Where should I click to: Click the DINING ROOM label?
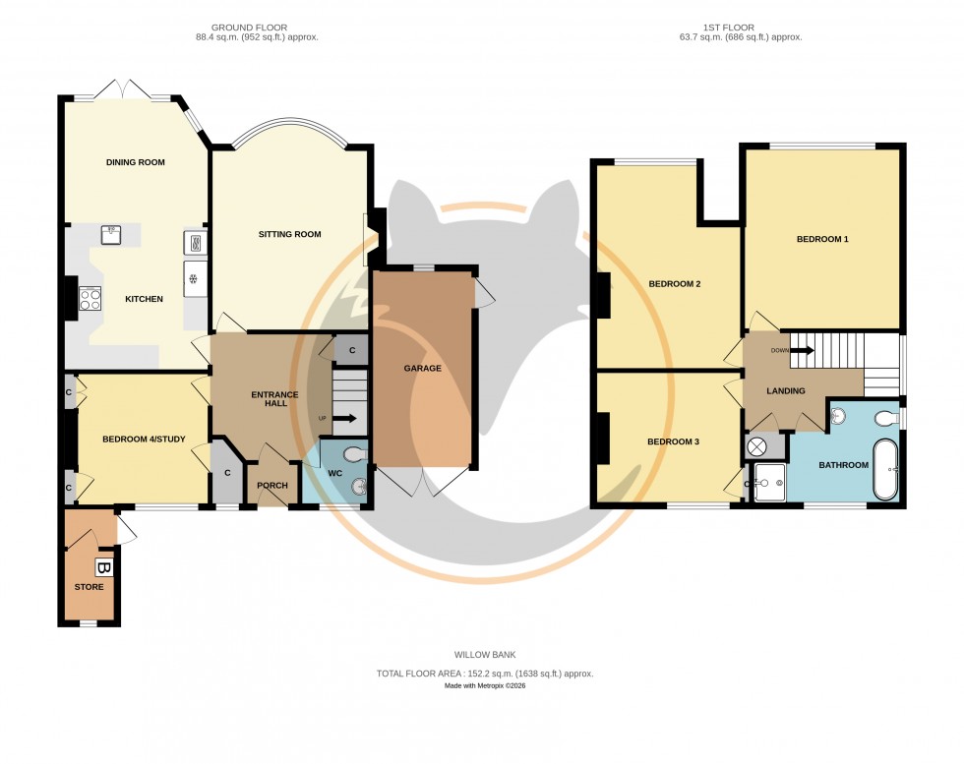[135, 162]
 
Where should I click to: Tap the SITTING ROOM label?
[290, 234]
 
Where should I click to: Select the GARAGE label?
[422, 369]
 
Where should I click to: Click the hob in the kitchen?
[90, 298]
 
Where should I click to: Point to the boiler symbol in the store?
[103, 567]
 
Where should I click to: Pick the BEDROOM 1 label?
[821, 239]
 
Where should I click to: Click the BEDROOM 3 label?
[673, 441]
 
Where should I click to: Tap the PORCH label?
[271, 485]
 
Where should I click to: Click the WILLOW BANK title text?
[484, 654]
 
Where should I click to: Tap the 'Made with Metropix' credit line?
[484, 685]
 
